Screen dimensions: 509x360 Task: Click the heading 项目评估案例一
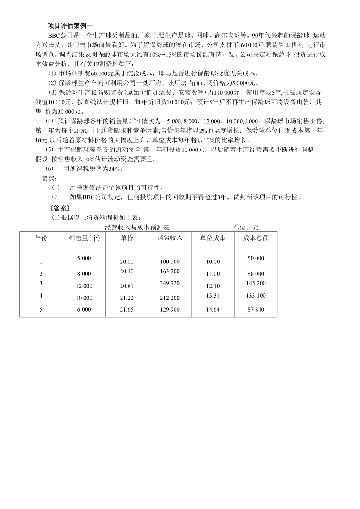(x=70, y=26)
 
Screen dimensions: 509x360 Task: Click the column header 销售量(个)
(x=84, y=238)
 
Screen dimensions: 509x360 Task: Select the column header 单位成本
(x=213, y=238)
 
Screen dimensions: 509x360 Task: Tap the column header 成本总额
(x=256, y=238)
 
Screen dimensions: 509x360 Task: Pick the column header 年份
(x=41, y=238)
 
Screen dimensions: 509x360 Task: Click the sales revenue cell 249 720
(x=170, y=283)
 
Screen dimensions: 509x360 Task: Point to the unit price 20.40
(x=127, y=271)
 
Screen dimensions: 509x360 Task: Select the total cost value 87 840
(x=256, y=310)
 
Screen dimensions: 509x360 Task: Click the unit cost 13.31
(x=213, y=295)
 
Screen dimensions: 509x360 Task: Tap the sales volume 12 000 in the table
(x=84, y=286)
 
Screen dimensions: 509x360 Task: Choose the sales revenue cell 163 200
(x=170, y=271)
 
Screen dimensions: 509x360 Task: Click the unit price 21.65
(x=127, y=310)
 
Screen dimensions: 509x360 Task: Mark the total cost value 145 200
(x=256, y=283)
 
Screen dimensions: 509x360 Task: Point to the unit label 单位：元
(x=246, y=227)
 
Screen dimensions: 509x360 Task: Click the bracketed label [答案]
(x=60, y=208)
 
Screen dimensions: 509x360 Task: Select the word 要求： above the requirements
(x=49, y=178)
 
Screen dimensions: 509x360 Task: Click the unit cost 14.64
(x=213, y=310)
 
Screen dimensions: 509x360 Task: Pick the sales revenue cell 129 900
(x=170, y=310)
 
